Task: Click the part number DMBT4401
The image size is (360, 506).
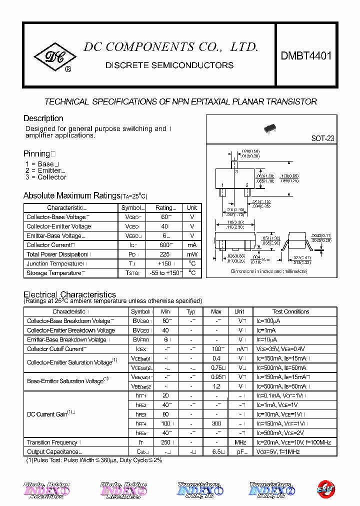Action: (305, 56)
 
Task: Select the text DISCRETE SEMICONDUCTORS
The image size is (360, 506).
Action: (169, 65)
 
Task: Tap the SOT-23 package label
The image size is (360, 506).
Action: (322, 138)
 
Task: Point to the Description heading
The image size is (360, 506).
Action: (43, 118)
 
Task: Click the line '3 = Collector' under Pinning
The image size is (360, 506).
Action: (45, 177)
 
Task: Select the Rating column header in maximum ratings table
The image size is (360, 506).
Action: (164, 208)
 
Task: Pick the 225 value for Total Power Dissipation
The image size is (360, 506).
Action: (163, 254)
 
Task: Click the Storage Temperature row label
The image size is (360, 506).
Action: (54, 273)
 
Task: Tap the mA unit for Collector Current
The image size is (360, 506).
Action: (192, 245)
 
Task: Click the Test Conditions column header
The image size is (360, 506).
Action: (290, 311)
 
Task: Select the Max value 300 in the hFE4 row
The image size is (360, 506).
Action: (216, 423)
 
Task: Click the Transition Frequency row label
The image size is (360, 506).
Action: (52, 442)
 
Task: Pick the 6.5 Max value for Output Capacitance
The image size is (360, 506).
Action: (216, 452)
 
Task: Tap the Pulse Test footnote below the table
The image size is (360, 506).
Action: (94, 460)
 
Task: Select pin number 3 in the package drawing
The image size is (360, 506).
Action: (235, 171)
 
